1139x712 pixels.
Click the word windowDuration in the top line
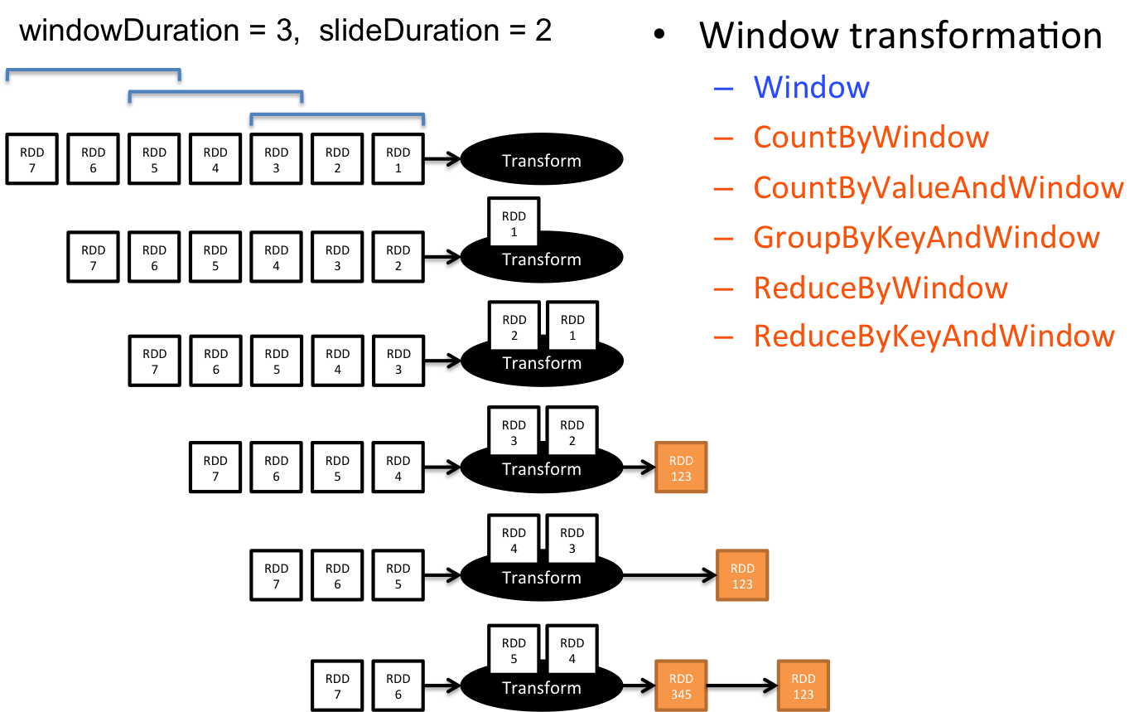[129, 30]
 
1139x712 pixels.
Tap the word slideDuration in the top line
[409, 30]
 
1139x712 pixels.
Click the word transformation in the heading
[976, 36]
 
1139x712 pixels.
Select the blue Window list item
[811, 88]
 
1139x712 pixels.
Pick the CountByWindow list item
[871, 137]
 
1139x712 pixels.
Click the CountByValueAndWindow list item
[939, 187]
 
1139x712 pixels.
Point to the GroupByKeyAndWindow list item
[926, 237]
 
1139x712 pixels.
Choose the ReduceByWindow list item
[881, 288]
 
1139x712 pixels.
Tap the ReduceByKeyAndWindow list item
[934, 336]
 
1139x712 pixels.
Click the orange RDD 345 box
[681, 685]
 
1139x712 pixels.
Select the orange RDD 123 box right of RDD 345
[804, 685]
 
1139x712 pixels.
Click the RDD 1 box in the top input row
[398, 159]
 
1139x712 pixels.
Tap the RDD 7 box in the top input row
[32, 159]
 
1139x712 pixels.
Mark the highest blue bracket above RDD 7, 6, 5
[93, 70]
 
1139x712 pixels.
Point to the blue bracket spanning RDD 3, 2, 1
[337, 114]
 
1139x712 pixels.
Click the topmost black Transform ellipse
[542, 159]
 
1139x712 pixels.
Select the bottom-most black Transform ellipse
[542, 687]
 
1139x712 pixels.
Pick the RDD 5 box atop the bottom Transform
[514, 650]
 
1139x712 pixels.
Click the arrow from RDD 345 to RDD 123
[742, 686]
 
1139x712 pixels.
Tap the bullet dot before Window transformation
[659, 34]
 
